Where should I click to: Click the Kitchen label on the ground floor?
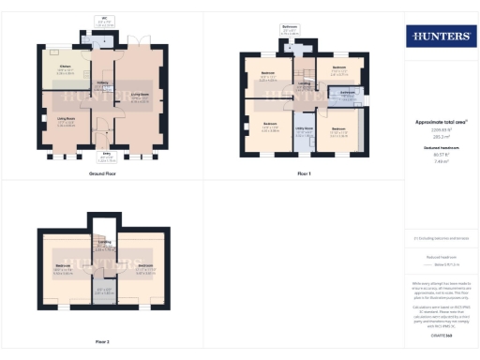[65, 67]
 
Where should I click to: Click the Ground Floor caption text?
[102, 174]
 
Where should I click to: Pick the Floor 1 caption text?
[303, 174]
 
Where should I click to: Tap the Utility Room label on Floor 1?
[303, 132]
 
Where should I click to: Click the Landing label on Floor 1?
[304, 83]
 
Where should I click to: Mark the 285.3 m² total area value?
[438, 134]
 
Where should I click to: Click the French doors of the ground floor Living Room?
[139, 45]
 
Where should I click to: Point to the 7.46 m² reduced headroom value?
[438, 161]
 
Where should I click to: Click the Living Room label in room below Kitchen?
[66, 120]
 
